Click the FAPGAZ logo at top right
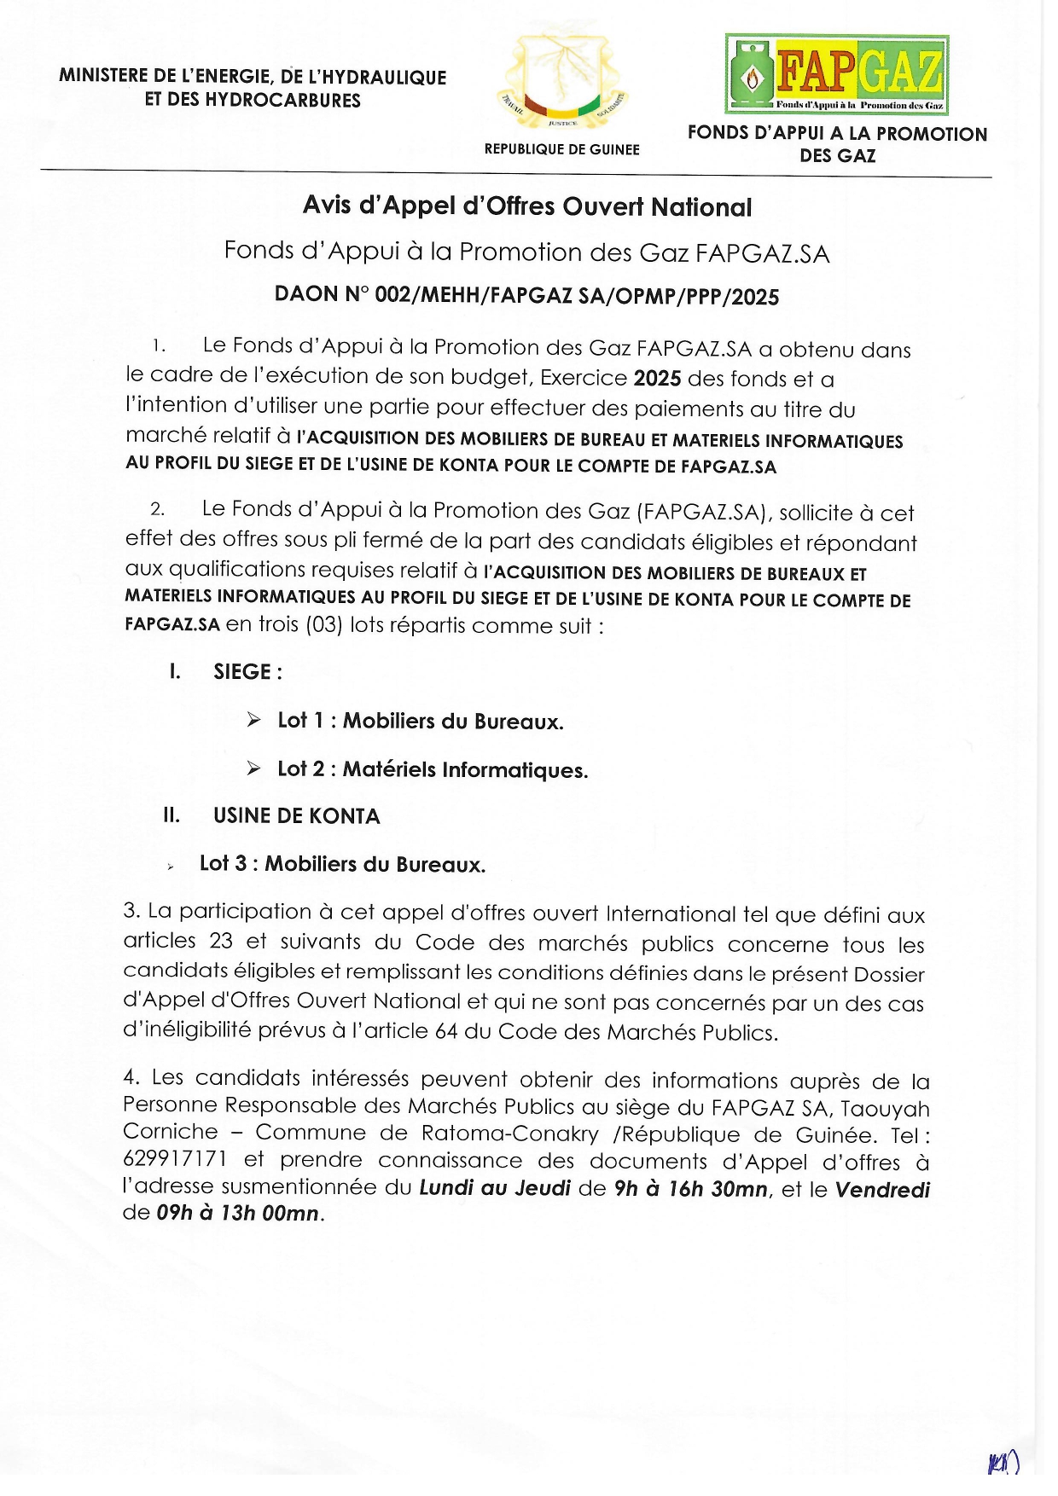point(836,74)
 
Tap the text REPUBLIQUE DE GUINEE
point(561,149)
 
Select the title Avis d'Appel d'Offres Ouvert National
point(527,206)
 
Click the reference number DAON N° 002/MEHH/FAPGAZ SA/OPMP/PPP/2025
point(526,296)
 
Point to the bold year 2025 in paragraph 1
point(657,379)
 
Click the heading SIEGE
point(247,672)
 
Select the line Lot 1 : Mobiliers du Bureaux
point(420,722)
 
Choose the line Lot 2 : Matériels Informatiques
point(433,770)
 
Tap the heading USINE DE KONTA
point(296,816)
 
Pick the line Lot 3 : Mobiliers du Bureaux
point(342,865)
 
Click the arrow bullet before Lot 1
point(253,721)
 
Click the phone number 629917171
point(175,1160)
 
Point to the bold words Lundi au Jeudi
point(494,1188)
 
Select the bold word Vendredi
point(882,1190)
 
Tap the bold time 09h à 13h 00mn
point(237,1214)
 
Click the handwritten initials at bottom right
point(1003,1464)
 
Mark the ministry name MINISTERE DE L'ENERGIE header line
point(253,77)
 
